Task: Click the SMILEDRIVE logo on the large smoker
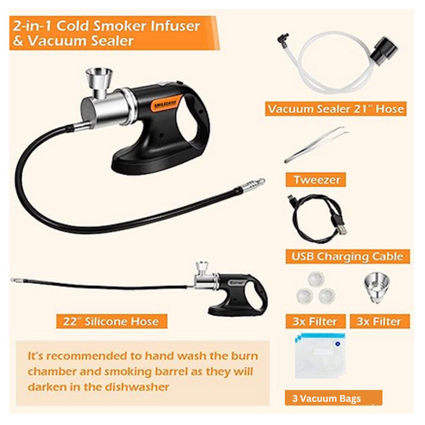coord(165,104)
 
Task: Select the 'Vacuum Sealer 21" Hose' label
coord(336,109)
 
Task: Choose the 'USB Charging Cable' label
coord(347,257)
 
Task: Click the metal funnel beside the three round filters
coord(377,288)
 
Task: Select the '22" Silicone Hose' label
coord(112,322)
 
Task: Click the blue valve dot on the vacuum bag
coord(338,344)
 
